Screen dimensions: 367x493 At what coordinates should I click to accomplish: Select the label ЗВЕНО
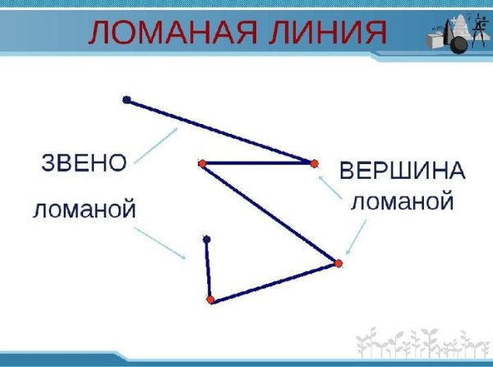(x=84, y=162)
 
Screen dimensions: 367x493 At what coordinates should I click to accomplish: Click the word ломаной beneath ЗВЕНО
(x=84, y=210)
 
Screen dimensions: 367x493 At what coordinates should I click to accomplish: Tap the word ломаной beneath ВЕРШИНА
(x=402, y=200)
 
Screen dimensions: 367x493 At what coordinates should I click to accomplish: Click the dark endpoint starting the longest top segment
(x=127, y=100)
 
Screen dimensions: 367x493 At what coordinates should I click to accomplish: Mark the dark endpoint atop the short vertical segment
(x=206, y=239)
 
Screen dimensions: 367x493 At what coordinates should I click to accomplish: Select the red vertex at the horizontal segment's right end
(x=314, y=163)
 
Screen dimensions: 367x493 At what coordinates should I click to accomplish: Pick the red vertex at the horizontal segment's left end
(x=201, y=163)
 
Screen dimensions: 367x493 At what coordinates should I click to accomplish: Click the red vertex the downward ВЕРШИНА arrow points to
(x=338, y=263)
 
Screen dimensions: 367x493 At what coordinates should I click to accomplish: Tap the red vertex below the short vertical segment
(x=210, y=300)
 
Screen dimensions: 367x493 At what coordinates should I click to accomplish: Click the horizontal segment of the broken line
(x=257, y=163)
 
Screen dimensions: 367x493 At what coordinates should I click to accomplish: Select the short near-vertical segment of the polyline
(x=208, y=269)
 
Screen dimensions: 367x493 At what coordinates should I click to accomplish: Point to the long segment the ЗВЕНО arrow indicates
(x=220, y=131)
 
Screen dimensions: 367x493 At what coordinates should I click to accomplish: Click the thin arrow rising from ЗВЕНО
(x=156, y=144)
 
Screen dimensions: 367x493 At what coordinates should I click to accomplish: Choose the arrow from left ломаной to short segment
(x=164, y=242)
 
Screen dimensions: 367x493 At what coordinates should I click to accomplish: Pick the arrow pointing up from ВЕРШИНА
(x=329, y=188)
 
